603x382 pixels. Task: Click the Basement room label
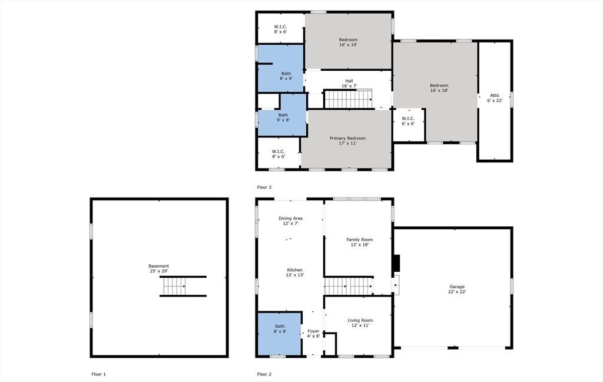tap(159, 268)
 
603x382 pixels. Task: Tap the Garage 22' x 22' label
tap(457, 289)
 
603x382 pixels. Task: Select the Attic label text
tap(495, 98)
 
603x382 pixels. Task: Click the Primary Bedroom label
tap(347, 140)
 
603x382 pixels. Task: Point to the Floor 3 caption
tap(264, 187)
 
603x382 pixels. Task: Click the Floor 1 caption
tap(98, 374)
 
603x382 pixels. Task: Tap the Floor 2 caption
tap(264, 374)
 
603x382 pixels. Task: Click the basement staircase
tap(175, 286)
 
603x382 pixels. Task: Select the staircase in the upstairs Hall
tap(348, 99)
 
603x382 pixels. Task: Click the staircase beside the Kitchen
tap(349, 286)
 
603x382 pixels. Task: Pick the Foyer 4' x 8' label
tap(313, 334)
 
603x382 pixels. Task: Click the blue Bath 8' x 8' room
tap(279, 334)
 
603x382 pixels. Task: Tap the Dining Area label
tap(290, 220)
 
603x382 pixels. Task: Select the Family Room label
tap(360, 242)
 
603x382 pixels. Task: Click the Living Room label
tap(360, 322)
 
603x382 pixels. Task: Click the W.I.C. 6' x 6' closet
tap(408, 125)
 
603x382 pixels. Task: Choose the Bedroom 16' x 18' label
tap(439, 88)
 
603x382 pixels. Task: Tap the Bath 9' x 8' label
tap(283, 117)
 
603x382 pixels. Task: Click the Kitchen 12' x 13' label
tap(294, 272)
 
